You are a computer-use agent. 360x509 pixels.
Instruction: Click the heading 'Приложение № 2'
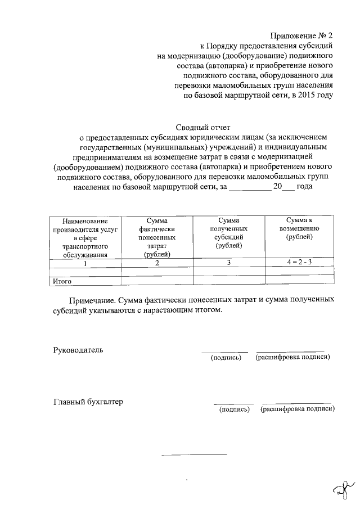coord(302,35)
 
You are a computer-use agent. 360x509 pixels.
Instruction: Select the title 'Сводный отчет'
coord(200,128)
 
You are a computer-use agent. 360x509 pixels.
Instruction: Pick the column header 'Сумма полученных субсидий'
coord(228,233)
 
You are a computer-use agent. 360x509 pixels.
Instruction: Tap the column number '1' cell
coord(85,263)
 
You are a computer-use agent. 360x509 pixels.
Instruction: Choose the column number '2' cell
coord(157,263)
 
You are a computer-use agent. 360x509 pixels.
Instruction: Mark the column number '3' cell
coord(228,263)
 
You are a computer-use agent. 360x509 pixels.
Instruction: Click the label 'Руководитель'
coord(78,350)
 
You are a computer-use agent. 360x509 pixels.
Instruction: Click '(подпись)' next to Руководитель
coord(226,358)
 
